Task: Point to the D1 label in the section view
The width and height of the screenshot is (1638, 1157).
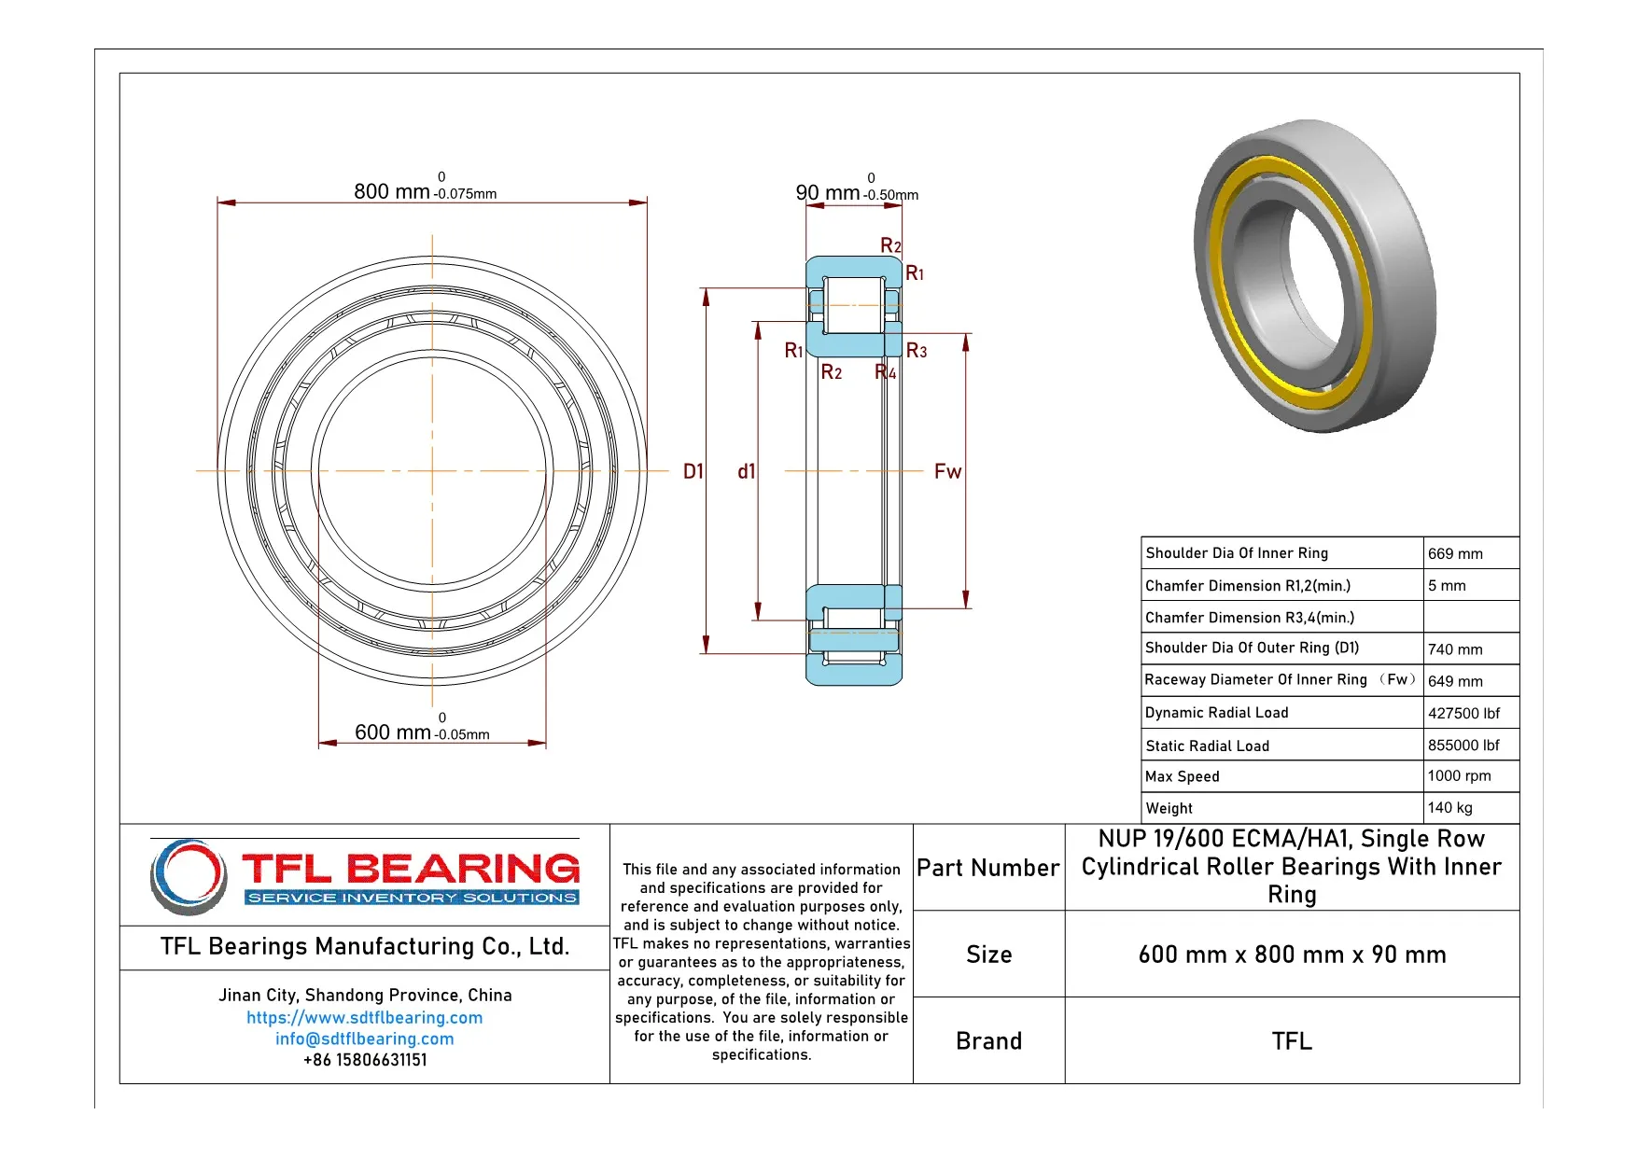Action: coord(693,471)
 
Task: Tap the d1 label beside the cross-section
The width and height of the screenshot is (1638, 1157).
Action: coord(746,471)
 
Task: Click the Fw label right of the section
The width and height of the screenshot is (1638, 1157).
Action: coord(947,471)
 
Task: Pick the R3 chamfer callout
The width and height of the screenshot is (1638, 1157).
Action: coord(917,351)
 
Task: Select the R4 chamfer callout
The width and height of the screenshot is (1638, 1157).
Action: coord(886,372)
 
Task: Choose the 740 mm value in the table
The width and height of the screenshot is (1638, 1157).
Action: coord(1454,649)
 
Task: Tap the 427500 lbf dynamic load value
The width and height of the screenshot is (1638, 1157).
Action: coord(1463,713)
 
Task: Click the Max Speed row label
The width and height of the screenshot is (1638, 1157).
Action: coord(1182,776)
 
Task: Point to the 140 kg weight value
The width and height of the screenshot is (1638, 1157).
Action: coord(1449,808)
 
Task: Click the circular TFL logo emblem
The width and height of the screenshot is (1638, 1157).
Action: coord(189,875)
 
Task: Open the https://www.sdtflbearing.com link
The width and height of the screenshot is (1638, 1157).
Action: coord(364,1017)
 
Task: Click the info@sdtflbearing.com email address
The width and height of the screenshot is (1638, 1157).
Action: coord(364,1039)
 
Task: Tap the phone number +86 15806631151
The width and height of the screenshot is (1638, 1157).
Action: coord(364,1060)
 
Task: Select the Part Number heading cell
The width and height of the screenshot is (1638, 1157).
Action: coord(987,868)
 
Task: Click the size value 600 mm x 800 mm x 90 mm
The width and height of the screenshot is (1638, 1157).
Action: coord(1292,955)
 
